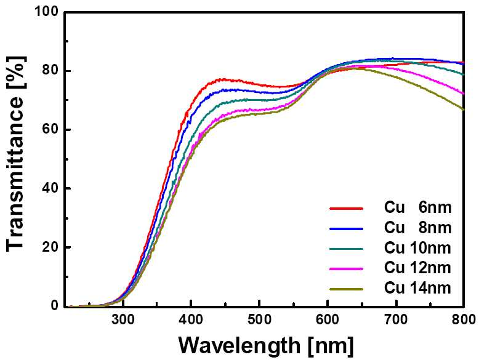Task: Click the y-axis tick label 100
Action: pyautogui.click(x=45, y=12)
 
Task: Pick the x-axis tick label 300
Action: pyautogui.click(x=123, y=320)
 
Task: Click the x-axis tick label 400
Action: pyautogui.click(x=191, y=320)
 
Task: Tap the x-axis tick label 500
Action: pyautogui.click(x=259, y=320)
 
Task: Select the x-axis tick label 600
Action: pyautogui.click(x=328, y=320)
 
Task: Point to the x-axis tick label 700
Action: pyautogui.click(x=396, y=320)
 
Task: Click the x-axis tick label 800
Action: pyautogui.click(x=464, y=320)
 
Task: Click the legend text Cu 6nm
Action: pyautogui.click(x=418, y=208)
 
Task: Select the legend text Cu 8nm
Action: pyautogui.click(x=418, y=228)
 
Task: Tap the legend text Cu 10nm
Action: pyautogui.click(x=418, y=248)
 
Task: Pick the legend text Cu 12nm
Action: pyautogui.click(x=418, y=268)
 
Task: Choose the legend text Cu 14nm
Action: pyautogui.click(x=418, y=288)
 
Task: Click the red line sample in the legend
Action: pyautogui.click(x=347, y=209)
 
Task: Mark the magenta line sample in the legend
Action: pyautogui.click(x=347, y=269)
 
